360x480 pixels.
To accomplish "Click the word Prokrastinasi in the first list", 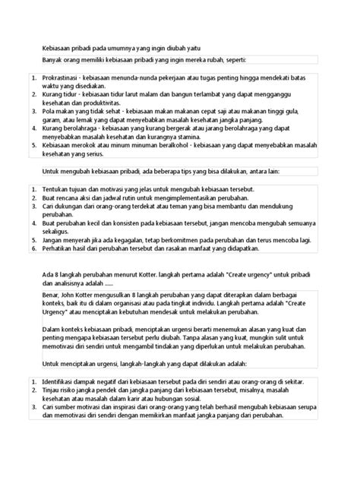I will (63, 78).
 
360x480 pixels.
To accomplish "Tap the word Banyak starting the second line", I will (54, 59).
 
